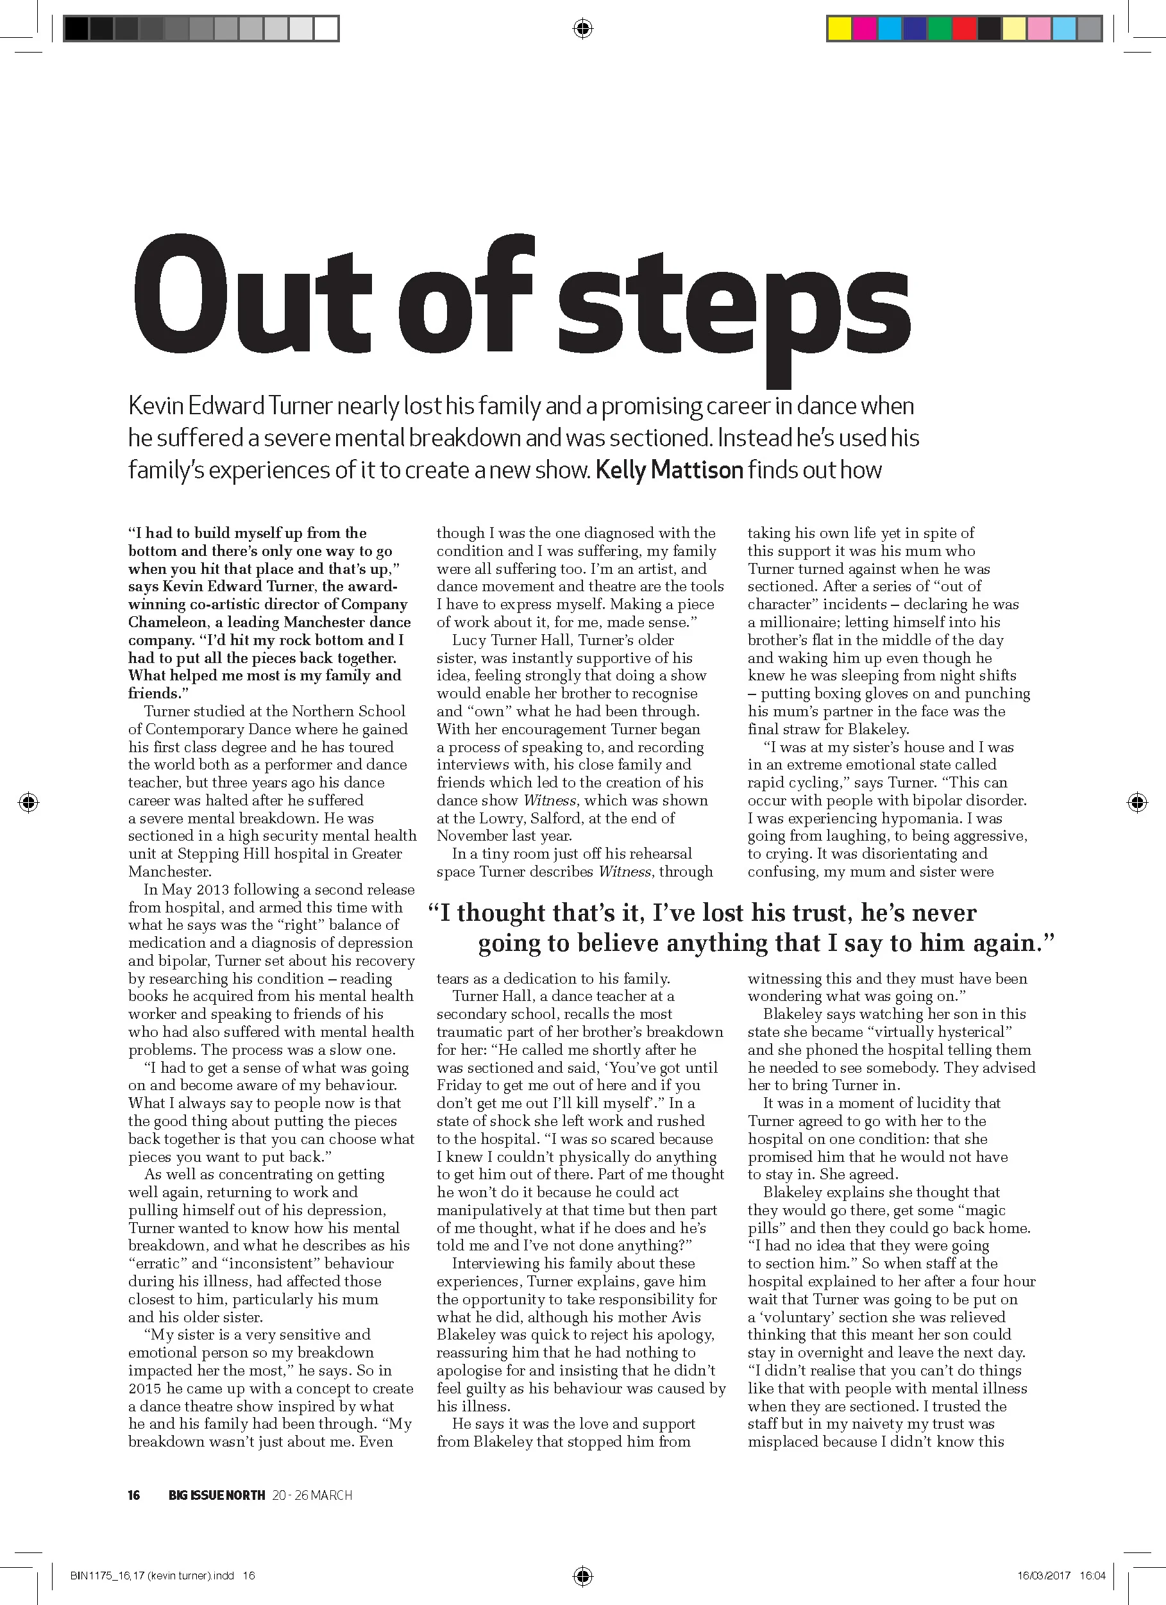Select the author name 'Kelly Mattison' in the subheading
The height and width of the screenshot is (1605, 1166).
669,470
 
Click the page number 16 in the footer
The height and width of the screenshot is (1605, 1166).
134,1495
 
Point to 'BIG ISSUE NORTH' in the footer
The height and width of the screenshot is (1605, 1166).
217,1495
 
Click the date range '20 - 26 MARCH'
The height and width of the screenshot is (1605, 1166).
312,1495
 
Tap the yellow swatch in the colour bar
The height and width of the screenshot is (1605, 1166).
839,29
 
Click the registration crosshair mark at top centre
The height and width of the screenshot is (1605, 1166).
582,29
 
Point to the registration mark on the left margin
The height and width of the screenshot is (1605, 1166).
29,803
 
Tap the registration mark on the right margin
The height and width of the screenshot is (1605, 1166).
1136,803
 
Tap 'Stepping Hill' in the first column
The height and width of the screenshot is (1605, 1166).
224,853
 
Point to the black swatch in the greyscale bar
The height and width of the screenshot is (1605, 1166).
76,29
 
